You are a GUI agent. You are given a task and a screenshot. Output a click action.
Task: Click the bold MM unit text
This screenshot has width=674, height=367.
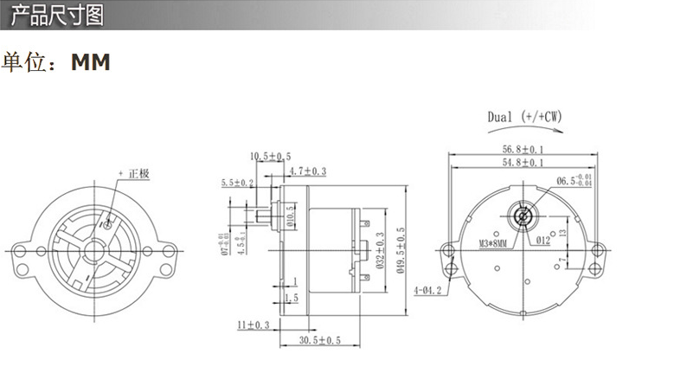91,63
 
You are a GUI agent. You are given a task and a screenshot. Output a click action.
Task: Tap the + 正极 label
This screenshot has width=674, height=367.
134,173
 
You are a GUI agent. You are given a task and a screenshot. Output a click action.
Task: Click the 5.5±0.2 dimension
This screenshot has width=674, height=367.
238,183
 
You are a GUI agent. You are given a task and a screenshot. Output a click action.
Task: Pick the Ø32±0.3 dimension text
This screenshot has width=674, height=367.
380,248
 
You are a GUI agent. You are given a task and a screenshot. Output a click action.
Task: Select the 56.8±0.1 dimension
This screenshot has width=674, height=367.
523,148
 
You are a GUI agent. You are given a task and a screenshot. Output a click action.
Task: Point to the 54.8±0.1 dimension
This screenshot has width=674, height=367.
523,162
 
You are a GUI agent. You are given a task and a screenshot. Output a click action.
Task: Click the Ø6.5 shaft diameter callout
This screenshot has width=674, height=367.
574,181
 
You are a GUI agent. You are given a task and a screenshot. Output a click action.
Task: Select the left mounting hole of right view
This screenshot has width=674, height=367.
447,252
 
